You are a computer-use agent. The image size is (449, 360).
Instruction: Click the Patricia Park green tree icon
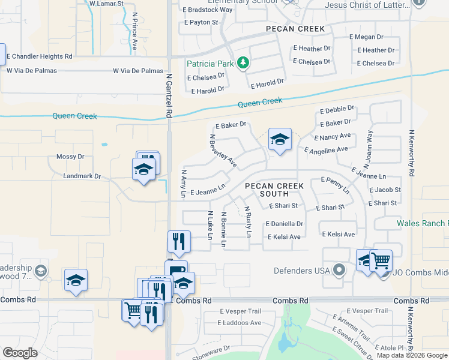[x=243, y=62]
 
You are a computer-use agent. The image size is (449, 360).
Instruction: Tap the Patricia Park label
[x=210, y=63]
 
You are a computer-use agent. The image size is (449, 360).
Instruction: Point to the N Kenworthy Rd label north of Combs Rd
[x=412, y=152]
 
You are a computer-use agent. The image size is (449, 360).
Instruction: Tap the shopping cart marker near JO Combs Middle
[x=381, y=261]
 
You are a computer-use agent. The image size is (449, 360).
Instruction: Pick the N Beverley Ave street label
[x=223, y=151]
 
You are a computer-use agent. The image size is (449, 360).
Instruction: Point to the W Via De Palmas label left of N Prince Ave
[x=32, y=71]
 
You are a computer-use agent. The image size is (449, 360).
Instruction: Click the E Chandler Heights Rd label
[x=39, y=56]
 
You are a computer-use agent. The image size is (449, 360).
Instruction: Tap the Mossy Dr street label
[x=70, y=157]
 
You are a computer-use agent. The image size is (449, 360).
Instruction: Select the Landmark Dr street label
[x=82, y=176]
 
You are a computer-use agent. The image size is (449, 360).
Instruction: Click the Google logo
[x=20, y=353]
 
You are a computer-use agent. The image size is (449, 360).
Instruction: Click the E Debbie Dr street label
[x=337, y=110]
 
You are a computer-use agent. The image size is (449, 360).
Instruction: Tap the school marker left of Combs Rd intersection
[x=76, y=281]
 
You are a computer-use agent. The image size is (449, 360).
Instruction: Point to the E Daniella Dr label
[x=284, y=224]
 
